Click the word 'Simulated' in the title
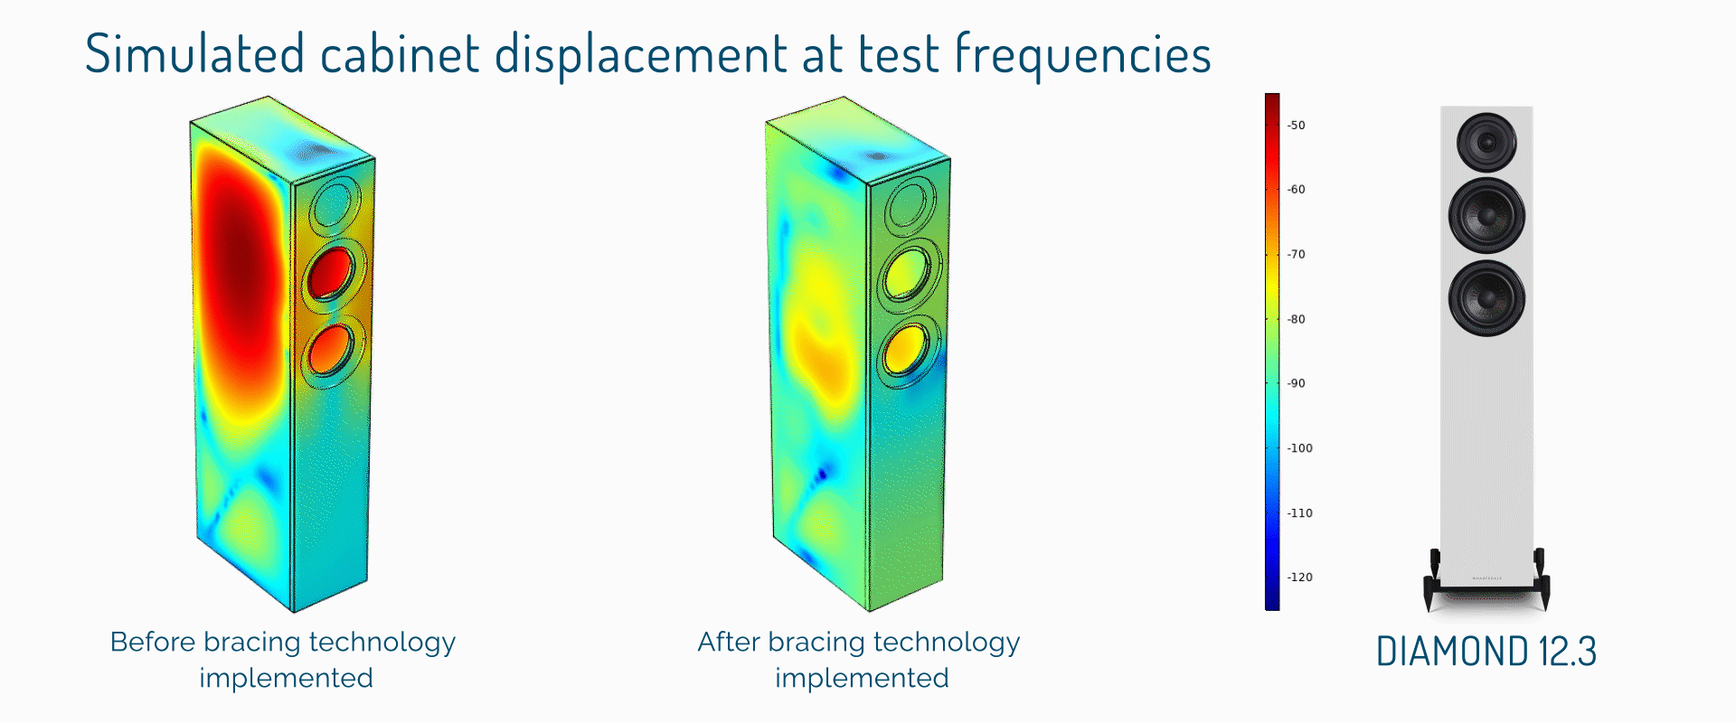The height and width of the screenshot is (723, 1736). coord(194,53)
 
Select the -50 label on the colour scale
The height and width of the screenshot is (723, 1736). coord(1297,126)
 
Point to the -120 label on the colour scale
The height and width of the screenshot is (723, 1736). coord(1300,577)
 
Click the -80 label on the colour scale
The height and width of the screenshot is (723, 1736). coord(1297,319)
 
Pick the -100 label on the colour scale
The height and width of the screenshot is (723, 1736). coord(1300,448)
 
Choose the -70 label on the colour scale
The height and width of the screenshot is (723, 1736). coord(1297,255)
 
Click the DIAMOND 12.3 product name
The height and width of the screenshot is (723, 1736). coord(1486,652)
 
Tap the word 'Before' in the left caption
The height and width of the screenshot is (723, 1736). coord(153,642)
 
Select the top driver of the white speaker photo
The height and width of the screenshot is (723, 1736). coord(1486,143)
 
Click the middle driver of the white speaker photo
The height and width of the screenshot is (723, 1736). coord(1486,215)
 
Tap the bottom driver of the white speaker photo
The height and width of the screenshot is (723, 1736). coord(1486,298)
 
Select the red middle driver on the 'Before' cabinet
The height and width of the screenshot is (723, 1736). coord(331,273)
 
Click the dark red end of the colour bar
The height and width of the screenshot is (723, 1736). coord(1272,99)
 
